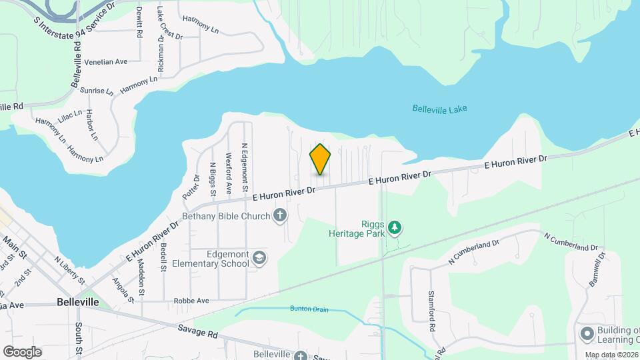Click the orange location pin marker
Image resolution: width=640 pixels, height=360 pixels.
tap(320, 159)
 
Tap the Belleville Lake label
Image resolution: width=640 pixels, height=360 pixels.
tap(439, 109)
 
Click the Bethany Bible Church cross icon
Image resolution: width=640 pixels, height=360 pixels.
tap(280, 215)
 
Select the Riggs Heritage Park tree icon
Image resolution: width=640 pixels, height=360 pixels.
tap(395, 228)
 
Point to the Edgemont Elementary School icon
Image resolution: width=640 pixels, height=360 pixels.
tap(259, 258)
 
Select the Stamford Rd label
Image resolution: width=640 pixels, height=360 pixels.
tap(431, 312)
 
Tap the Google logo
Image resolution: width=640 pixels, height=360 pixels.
tap(22, 352)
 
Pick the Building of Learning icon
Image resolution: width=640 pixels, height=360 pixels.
tap(587, 333)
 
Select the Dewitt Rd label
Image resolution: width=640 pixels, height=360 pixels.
tap(139, 21)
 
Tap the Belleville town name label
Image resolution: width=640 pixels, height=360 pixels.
tap(78, 302)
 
